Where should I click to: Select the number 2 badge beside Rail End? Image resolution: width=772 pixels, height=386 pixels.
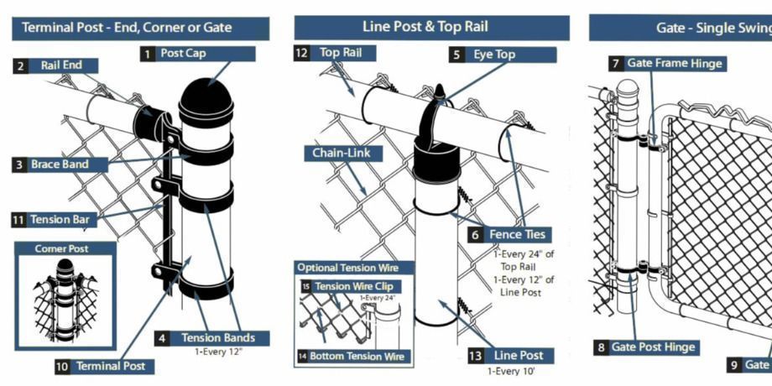(x=20, y=65)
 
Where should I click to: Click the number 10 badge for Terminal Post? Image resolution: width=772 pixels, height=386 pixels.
(x=62, y=367)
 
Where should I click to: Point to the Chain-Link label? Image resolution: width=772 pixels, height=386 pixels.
(x=342, y=153)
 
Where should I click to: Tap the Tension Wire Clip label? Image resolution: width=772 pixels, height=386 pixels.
(x=361, y=286)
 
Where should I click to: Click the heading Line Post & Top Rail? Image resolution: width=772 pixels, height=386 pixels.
(x=431, y=28)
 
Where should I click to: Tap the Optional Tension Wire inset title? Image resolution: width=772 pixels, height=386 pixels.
(x=354, y=268)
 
